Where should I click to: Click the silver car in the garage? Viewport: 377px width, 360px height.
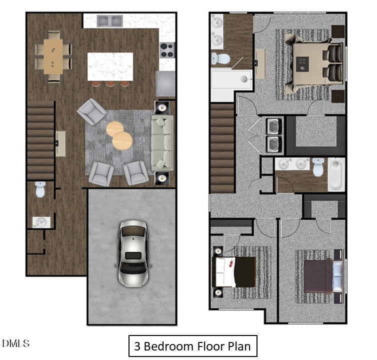(133, 253)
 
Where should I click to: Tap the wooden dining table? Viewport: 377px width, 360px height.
(53, 56)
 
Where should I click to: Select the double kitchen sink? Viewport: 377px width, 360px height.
(110, 21)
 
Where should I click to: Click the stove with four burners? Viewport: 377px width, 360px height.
(167, 50)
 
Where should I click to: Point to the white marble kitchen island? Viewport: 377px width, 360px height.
(110, 66)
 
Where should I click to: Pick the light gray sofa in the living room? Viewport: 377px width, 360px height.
(162, 142)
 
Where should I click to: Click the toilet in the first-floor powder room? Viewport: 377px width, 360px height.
(40, 189)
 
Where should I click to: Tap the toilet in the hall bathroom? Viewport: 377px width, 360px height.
(317, 167)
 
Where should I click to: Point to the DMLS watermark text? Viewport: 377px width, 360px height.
(15, 343)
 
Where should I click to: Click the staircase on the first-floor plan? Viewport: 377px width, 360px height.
(40, 140)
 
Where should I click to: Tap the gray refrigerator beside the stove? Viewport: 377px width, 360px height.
(165, 83)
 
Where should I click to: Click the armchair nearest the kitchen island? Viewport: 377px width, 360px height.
(91, 111)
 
